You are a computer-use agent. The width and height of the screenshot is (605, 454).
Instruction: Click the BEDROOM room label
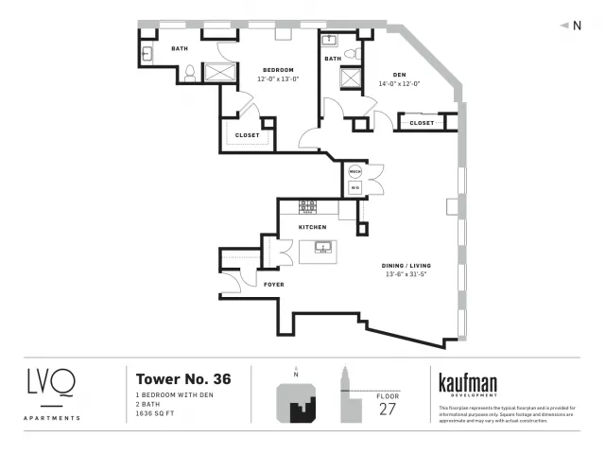278,70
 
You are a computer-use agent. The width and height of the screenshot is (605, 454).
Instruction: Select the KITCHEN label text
312,228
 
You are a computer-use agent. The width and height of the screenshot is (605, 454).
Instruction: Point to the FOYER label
274,284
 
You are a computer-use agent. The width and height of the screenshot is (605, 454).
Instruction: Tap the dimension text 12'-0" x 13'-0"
278,79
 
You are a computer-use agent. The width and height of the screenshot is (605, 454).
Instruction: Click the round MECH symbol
355,171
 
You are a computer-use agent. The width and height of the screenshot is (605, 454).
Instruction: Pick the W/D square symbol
355,187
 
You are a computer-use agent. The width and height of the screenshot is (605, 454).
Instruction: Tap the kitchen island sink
323,249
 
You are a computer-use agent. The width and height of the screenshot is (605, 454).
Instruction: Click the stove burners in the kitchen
309,205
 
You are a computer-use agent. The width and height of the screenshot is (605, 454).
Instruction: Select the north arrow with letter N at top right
571,26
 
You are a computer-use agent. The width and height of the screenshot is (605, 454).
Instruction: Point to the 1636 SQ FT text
157,413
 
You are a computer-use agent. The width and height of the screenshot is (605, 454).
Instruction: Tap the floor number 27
389,408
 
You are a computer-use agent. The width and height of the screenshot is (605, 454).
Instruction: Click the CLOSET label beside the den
422,123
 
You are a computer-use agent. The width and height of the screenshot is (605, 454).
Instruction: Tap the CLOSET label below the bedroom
248,135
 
